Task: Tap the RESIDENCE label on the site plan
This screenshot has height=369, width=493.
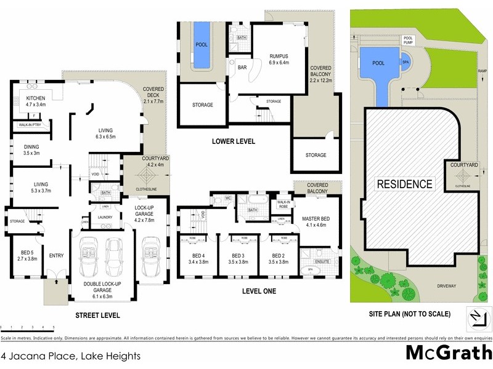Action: click(404, 184)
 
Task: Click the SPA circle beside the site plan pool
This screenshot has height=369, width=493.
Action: click(405, 62)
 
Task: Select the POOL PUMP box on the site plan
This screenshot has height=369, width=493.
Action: click(408, 39)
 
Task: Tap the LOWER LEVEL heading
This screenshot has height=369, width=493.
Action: click(233, 141)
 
